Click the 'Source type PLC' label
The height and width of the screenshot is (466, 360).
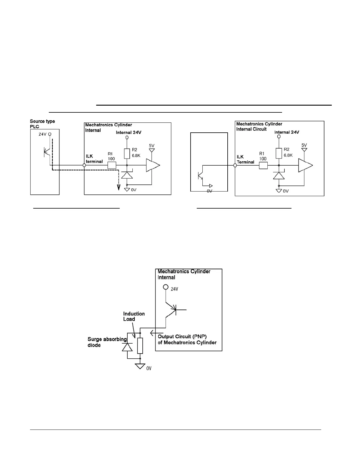click(42, 124)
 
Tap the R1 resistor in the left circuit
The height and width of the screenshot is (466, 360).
click(112, 165)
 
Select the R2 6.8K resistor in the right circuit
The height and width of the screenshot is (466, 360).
click(279, 153)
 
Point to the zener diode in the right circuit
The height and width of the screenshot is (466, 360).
click(279, 175)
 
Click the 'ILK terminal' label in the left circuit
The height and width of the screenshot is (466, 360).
click(94, 159)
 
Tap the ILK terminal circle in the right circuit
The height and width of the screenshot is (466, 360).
click(235, 166)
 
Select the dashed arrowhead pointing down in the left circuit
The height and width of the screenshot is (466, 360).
click(119, 187)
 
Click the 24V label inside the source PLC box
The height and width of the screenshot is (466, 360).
click(42, 134)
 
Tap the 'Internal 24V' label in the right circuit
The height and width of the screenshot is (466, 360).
click(286, 132)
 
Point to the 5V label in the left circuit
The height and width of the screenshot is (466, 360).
click(151, 145)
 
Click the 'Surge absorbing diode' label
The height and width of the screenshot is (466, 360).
click(107, 342)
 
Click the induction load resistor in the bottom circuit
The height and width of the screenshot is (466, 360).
click(140, 346)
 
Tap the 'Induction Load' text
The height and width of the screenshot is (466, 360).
click(134, 317)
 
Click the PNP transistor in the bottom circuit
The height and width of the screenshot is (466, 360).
click(174, 309)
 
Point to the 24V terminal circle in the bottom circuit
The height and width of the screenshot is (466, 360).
click(166, 287)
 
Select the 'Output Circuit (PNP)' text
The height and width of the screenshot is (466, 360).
click(182, 337)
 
